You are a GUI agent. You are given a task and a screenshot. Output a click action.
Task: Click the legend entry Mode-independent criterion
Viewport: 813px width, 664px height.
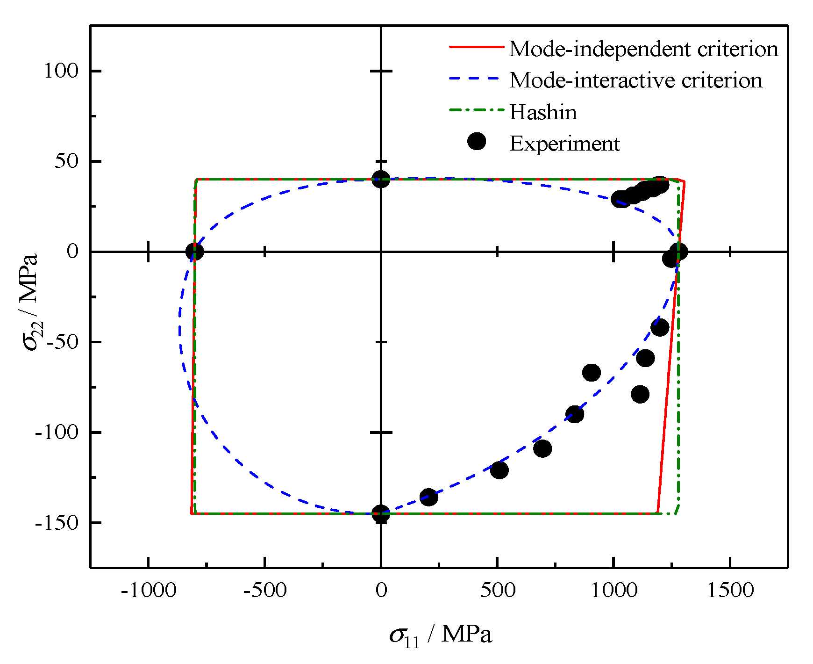point(643,49)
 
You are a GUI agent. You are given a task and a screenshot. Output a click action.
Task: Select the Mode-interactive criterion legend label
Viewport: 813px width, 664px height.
point(635,80)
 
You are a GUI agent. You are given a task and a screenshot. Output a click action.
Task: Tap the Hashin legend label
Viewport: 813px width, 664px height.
point(543,112)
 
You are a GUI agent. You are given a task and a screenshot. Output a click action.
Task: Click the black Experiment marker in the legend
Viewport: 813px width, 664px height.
point(477,141)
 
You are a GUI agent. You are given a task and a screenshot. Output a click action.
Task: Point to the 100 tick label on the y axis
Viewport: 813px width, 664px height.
point(61,71)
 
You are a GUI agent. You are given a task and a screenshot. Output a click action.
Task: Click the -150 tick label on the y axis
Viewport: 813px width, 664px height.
point(57,523)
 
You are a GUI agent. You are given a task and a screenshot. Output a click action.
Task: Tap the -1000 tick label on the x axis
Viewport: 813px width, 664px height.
point(149,591)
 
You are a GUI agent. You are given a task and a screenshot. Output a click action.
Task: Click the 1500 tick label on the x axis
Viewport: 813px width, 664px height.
point(730,591)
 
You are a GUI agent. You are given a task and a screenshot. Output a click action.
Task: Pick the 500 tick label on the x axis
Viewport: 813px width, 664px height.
point(498,591)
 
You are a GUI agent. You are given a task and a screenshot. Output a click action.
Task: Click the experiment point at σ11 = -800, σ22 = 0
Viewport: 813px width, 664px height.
point(195,252)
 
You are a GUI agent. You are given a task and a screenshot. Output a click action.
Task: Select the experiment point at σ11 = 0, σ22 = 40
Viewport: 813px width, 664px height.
point(381,179)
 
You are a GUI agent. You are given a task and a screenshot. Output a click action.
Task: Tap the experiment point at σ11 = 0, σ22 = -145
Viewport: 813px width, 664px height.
point(381,514)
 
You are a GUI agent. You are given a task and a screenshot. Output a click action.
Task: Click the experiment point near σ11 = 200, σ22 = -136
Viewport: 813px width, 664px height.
point(429,497)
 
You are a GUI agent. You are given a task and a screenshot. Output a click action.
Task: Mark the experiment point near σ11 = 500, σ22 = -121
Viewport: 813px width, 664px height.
point(499,470)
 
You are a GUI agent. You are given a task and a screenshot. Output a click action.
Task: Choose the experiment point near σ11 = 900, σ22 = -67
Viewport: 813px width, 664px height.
point(592,373)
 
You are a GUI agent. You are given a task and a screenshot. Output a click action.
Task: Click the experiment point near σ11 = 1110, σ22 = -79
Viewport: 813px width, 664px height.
point(640,394)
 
